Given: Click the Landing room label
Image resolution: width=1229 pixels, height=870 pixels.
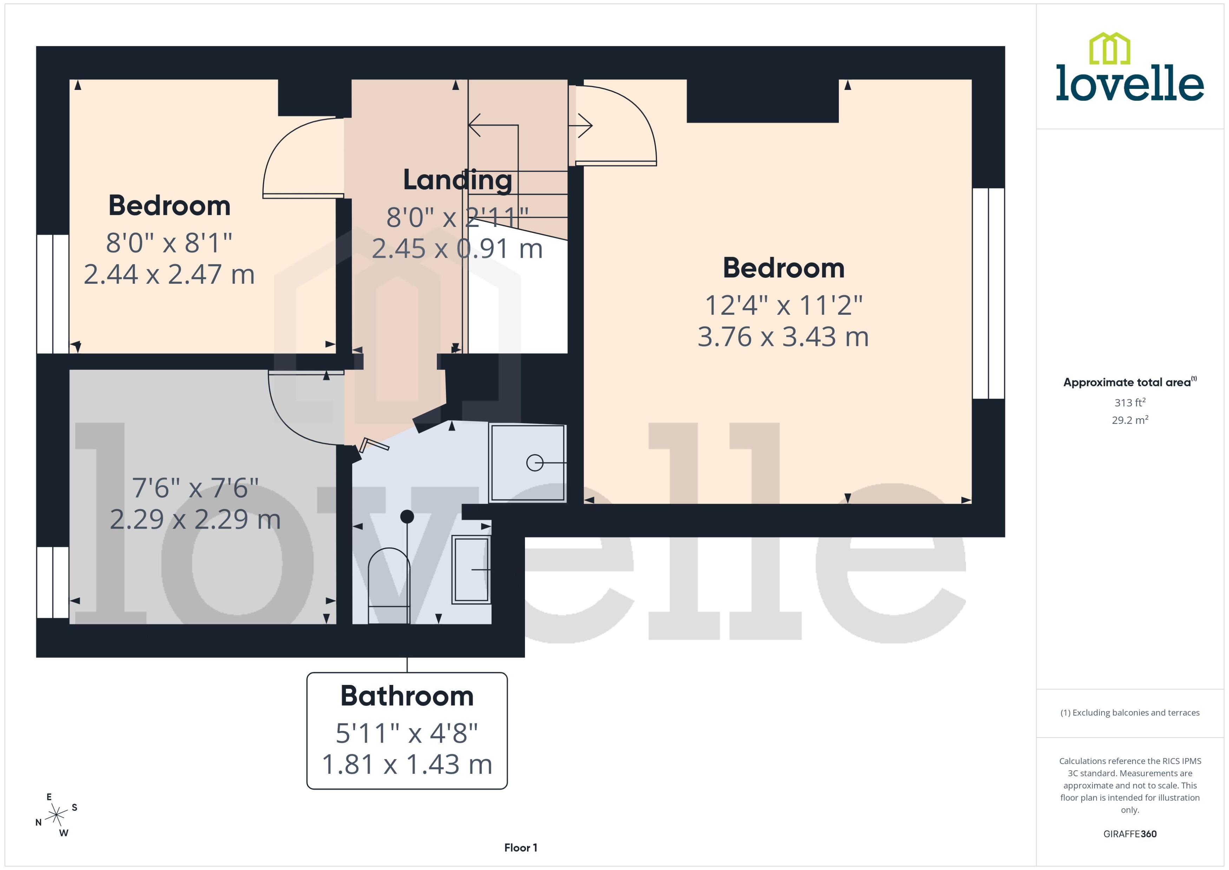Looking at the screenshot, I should pyautogui.click(x=457, y=180).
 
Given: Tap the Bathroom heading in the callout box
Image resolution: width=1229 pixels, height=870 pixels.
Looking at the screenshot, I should pyautogui.click(x=407, y=696).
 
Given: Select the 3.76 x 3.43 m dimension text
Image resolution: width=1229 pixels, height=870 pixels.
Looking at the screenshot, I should pyautogui.click(x=783, y=337).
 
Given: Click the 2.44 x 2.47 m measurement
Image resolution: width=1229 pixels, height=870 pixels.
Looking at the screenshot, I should pyautogui.click(x=169, y=274).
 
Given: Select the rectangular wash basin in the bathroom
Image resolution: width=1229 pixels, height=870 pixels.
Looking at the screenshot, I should pyautogui.click(x=471, y=569).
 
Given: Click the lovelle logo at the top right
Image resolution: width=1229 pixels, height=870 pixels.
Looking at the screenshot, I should pyautogui.click(x=1130, y=68).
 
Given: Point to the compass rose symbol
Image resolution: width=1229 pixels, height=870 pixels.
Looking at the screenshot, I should pyautogui.click(x=56, y=815).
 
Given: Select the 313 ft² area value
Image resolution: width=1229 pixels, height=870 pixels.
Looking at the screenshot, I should pyautogui.click(x=1130, y=402).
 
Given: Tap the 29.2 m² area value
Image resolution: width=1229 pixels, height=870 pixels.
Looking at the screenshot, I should pyautogui.click(x=1130, y=420).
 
